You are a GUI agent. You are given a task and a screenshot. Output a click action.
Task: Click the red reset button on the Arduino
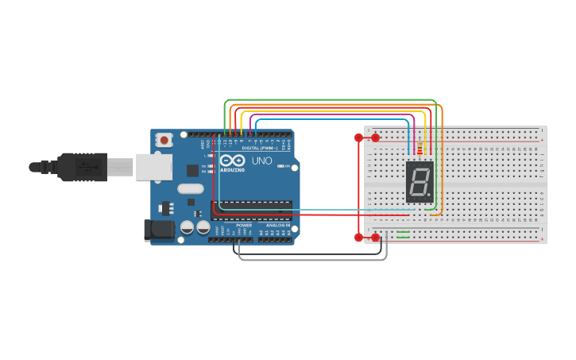(x=164, y=140)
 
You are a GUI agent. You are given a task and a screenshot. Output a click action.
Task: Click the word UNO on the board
(x=262, y=161)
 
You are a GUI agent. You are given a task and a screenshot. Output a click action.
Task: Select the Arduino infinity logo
(x=232, y=161)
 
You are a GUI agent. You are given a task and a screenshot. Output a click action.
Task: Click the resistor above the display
(x=419, y=149)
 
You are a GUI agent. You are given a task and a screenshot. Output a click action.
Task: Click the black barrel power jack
(x=157, y=230)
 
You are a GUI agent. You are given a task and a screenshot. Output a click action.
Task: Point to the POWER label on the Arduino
(x=244, y=225)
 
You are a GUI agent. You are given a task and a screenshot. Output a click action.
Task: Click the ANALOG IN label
(x=277, y=225)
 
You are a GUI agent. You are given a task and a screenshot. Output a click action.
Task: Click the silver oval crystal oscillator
(x=191, y=189)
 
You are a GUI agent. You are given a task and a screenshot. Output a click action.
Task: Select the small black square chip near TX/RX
(x=192, y=170)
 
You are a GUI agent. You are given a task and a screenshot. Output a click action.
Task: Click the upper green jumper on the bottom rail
(x=404, y=232)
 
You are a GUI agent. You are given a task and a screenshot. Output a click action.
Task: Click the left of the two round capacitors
(x=187, y=227)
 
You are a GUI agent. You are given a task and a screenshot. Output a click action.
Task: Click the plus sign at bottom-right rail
(x=542, y=238)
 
